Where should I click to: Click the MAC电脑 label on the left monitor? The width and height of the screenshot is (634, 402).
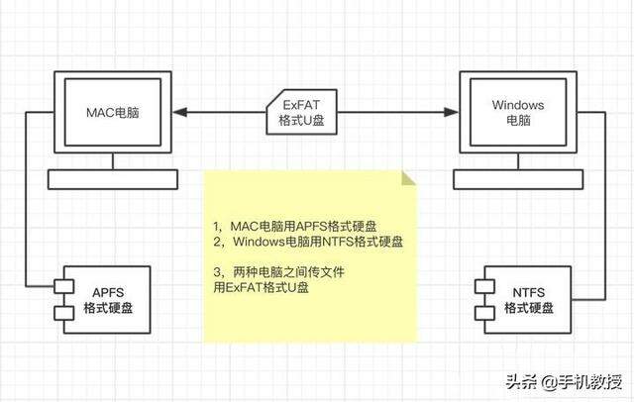pos(112,112)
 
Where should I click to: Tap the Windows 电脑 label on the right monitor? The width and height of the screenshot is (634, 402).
pos(518,112)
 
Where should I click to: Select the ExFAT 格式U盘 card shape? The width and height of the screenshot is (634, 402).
pos(301,112)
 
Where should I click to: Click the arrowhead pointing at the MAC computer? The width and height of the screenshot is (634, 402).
pos(179,112)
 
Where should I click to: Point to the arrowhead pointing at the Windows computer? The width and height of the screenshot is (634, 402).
pos(452,112)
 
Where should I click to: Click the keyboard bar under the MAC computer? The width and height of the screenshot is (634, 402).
pos(113,179)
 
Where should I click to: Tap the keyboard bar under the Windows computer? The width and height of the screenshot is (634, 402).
pos(518,179)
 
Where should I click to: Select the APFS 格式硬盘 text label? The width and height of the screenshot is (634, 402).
pos(108,300)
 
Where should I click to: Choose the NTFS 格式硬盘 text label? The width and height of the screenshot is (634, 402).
pos(528,300)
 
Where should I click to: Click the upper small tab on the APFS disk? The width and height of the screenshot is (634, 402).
pos(63,286)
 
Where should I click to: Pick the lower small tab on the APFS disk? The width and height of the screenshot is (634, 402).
pos(63,313)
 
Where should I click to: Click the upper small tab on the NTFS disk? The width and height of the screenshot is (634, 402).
pos(484,286)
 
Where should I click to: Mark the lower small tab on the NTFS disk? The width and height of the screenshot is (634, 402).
pos(484,313)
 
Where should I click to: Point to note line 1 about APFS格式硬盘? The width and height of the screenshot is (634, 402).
pos(295,227)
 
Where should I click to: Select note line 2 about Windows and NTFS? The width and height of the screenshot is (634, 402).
pos(308,242)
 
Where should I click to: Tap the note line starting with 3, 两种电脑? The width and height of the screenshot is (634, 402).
pos(279,272)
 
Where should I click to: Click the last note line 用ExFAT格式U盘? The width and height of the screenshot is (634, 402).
pos(262,287)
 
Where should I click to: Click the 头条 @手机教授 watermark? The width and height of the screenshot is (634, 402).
pos(564,382)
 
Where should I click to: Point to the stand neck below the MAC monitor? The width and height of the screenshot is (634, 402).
pos(113,161)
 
